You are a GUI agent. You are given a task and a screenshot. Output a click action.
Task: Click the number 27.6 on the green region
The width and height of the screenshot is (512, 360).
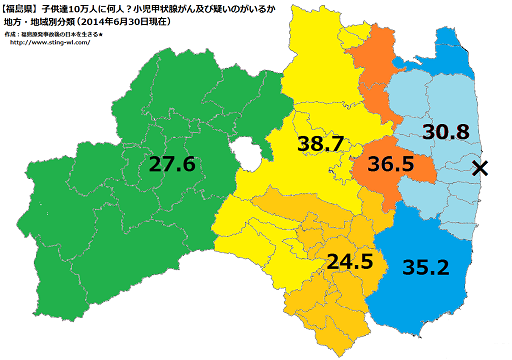tap(173, 163)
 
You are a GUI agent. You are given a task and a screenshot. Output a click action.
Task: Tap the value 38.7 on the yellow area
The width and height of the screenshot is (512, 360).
tap(321, 146)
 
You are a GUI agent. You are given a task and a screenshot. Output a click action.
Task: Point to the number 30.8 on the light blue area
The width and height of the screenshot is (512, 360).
tap(446, 131)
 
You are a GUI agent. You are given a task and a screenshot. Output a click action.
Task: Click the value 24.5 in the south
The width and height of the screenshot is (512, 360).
tap(350, 262)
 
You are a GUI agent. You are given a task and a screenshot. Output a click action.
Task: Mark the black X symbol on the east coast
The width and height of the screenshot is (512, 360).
tap(480, 168)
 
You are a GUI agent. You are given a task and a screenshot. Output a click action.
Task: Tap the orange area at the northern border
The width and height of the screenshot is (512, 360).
tap(381, 60)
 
